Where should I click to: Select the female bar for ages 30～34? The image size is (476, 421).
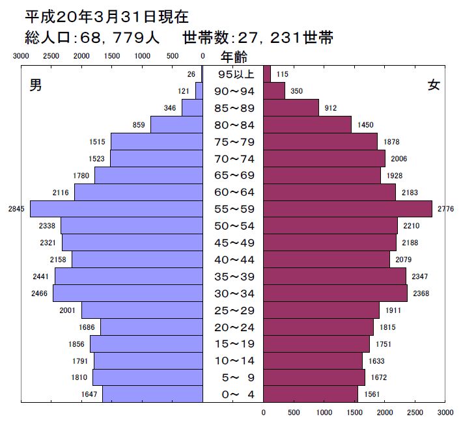335,293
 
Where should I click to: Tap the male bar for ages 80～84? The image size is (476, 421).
176,124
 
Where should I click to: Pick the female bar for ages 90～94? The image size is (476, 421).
274,91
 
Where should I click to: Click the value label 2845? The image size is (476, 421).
16,209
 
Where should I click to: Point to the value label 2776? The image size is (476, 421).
446,209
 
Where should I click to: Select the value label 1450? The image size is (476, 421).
365,125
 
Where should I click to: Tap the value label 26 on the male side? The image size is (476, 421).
191,74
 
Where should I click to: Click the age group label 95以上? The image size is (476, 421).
234,74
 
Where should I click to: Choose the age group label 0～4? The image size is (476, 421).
234,394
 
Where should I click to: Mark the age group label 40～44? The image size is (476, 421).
234,260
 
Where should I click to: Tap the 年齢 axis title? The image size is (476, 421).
234,57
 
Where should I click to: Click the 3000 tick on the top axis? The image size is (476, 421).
21,57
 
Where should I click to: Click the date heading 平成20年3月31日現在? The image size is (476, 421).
107,16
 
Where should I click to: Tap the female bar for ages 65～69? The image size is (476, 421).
322,175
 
